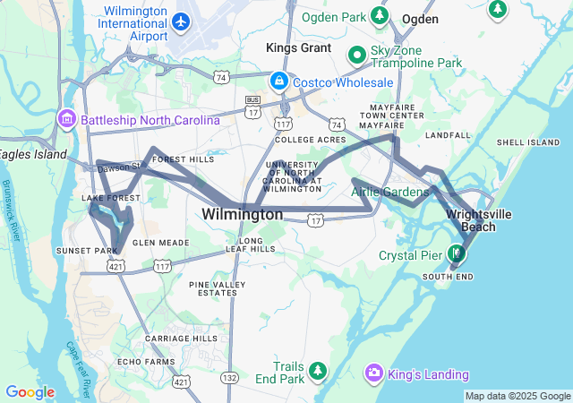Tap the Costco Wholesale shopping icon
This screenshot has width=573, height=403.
(279, 82)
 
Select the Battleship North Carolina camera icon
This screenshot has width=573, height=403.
(67, 120)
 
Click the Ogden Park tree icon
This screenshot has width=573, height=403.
(381, 16)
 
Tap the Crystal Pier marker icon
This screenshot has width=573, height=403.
(457, 254)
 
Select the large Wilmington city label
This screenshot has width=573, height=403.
(242, 215)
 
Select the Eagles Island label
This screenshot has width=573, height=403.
(33, 154)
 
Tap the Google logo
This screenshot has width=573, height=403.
(30, 391)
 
